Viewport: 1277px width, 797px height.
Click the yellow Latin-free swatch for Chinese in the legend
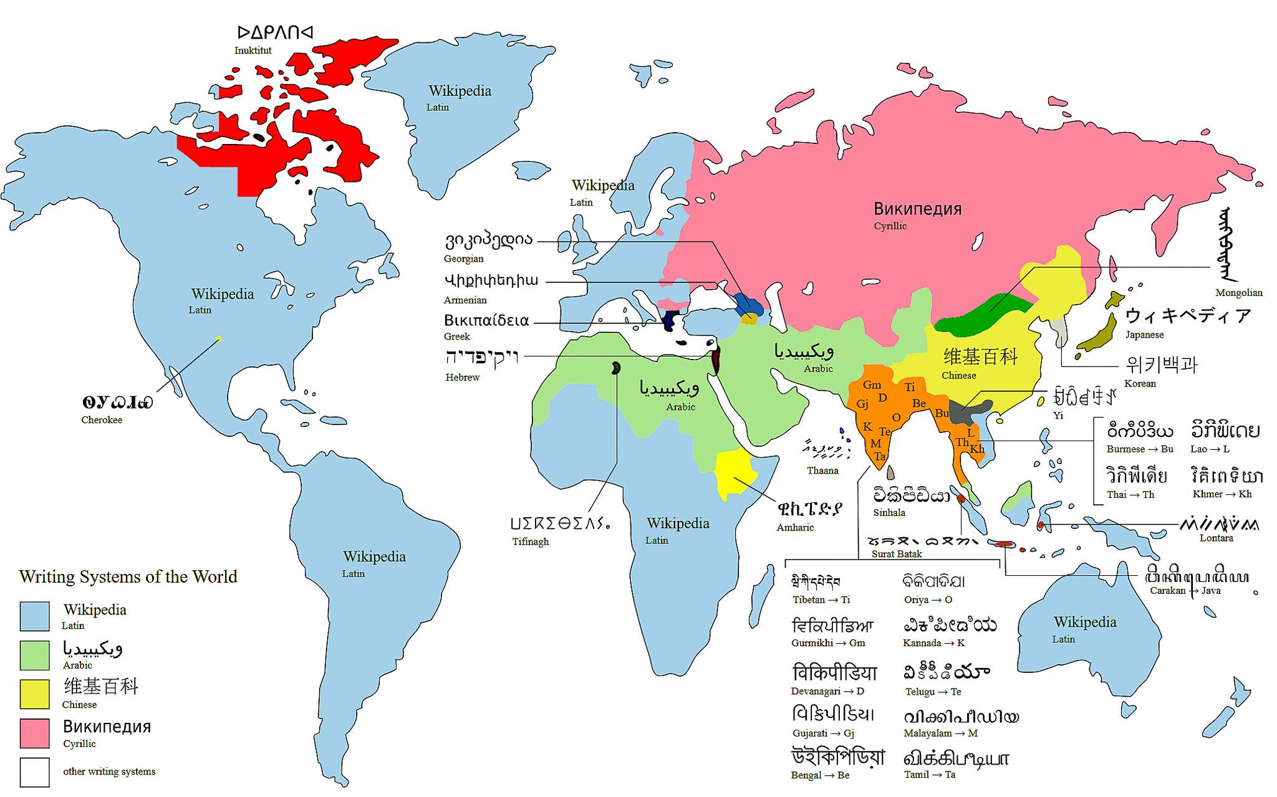(x=34, y=694)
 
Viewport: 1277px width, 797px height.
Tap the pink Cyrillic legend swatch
(x=34, y=733)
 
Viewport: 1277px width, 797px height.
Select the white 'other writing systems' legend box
(x=34, y=771)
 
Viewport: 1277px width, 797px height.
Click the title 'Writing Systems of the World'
(x=128, y=576)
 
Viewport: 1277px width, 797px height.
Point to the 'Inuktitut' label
(x=253, y=50)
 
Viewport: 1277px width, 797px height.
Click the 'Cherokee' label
(x=102, y=420)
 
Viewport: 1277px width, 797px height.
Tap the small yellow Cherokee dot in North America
(x=218, y=339)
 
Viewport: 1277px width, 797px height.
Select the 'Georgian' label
(x=463, y=259)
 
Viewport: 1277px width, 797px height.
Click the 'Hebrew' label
(x=462, y=377)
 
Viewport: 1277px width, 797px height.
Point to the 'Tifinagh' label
(x=531, y=542)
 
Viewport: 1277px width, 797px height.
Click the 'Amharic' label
(x=795, y=527)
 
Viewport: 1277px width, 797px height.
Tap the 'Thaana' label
(x=822, y=470)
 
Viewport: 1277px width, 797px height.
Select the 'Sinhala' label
(x=889, y=513)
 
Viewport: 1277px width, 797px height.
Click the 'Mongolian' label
(x=1238, y=292)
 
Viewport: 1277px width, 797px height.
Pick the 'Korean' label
(x=1140, y=383)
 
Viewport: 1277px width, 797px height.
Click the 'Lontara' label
(x=1216, y=538)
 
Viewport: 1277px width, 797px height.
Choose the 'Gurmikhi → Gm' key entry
(x=828, y=643)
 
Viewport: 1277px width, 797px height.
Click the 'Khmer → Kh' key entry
(x=1222, y=494)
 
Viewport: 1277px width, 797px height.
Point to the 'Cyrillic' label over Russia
(x=890, y=226)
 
